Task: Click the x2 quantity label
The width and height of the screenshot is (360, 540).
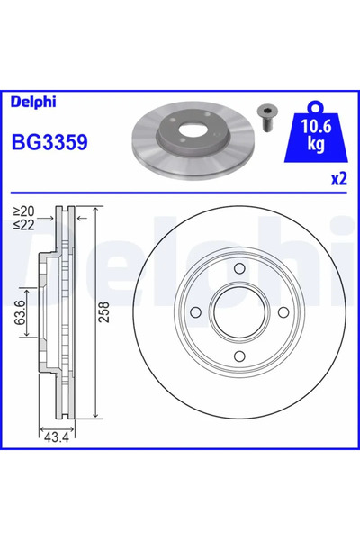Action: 339,179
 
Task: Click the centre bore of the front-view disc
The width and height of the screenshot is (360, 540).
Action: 239,314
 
